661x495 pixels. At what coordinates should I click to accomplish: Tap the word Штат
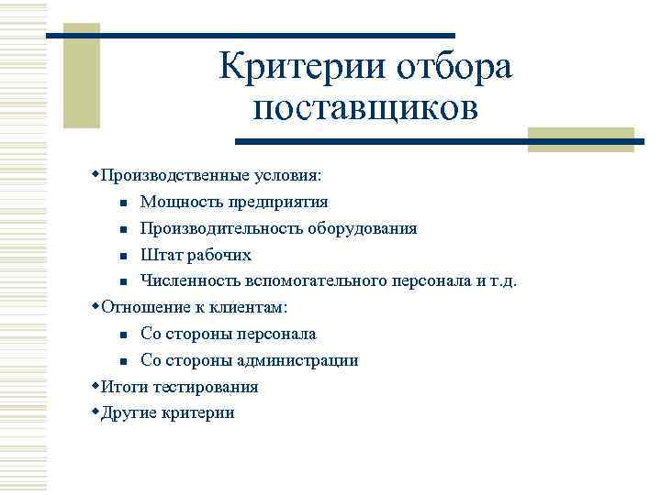coord(162,254)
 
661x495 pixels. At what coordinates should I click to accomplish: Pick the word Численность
coord(189,280)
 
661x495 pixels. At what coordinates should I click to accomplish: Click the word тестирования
coord(204,387)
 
